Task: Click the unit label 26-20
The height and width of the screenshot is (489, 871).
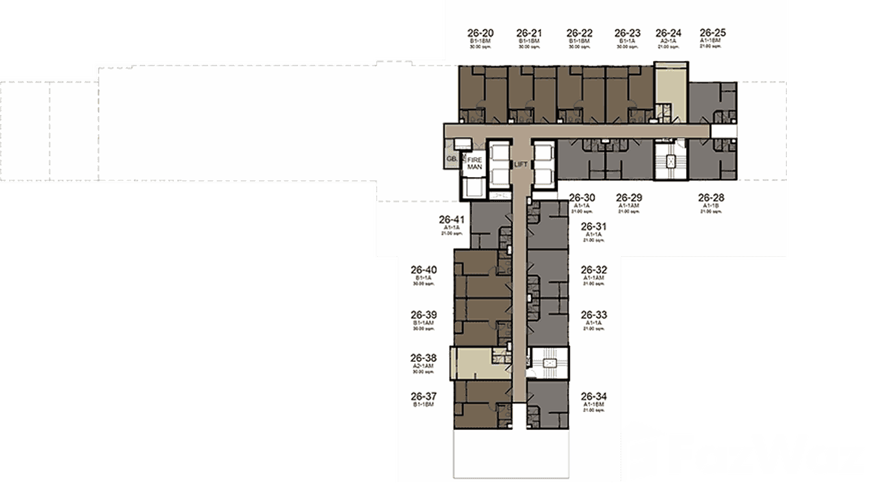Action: [x=480, y=33]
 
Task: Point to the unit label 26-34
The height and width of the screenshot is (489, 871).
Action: [x=593, y=396]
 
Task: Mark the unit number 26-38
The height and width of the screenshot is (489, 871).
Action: [x=423, y=358]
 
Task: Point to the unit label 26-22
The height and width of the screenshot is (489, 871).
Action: [x=580, y=33]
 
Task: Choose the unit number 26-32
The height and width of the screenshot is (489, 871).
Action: [x=593, y=270]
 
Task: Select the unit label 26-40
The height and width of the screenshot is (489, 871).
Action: [x=423, y=270]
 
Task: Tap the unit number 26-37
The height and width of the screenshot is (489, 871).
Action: [x=423, y=396]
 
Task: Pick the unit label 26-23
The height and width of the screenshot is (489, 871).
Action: [x=628, y=33]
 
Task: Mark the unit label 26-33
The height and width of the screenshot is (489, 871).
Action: [x=593, y=314]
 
